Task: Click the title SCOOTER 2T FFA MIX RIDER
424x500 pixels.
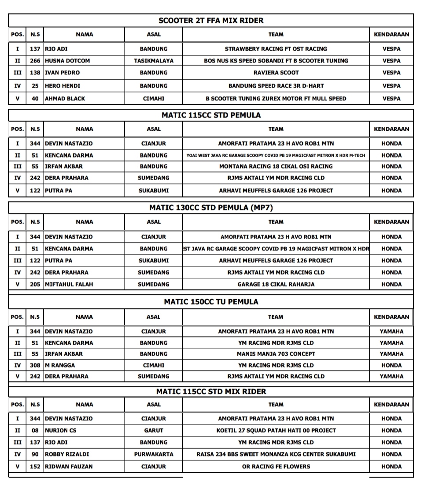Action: pyautogui.click(x=211, y=20)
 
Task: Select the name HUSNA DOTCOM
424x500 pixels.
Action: pyautogui.click(x=67, y=61)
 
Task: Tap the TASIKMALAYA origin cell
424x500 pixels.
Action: pyautogui.click(x=154, y=61)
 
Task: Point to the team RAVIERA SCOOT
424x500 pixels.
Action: pyautogui.click(x=276, y=73)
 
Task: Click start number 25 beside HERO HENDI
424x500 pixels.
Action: pyautogui.click(x=35, y=86)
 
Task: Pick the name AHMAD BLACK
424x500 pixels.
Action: pyautogui.click(x=66, y=99)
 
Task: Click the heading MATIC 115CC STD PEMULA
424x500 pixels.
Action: pyautogui.click(x=211, y=115)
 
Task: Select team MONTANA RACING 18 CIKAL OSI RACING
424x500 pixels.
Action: pyautogui.click(x=276, y=166)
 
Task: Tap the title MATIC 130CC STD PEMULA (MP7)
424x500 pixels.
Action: pyautogui.click(x=211, y=208)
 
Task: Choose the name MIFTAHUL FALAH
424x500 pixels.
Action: pyautogui.click(x=69, y=284)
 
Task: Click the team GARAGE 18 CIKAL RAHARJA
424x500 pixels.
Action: pyautogui.click(x=276, y=284)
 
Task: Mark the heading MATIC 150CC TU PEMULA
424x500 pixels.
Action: pyautogui.click(x=211, y=302)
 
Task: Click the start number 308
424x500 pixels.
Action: pyautogui.click(x=35, y=365)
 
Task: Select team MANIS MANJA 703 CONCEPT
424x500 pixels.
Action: pyautogui.click(x=276, y=354)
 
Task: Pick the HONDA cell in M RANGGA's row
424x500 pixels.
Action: pyautogui.click(x=391, y=365)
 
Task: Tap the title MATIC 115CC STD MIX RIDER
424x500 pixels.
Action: pyautogui.click(x=211, y=391)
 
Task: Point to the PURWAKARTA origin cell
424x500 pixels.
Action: pyautogui.click(x=154, y=454)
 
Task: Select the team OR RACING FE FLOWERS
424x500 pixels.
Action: pyautogui.click(x=276, y=467)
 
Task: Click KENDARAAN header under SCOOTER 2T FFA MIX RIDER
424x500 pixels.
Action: pyautogui.click(x=391, y=34)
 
